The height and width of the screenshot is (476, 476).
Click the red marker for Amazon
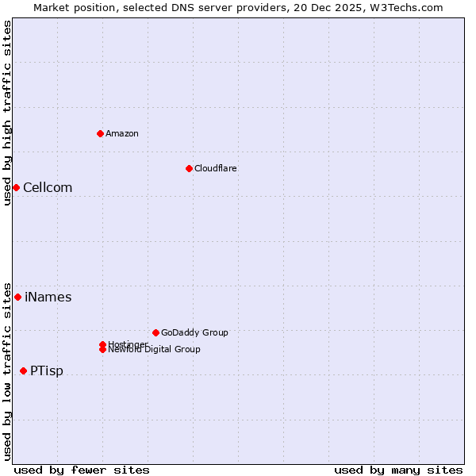tap(100, 133)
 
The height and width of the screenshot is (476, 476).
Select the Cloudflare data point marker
tap(189, 168)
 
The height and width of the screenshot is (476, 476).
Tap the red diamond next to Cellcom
tap(16, 187)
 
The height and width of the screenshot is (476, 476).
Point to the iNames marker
tap(17, 297)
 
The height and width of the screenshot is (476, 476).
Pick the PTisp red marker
tap(23, 370)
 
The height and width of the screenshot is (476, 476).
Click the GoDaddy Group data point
tap(155, 332)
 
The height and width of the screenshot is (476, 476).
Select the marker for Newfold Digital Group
tap(103, 349)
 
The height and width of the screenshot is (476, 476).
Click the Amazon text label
tap(122, 133)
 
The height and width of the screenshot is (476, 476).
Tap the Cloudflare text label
tap(216, 168)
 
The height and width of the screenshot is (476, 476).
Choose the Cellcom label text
tap(48, 188)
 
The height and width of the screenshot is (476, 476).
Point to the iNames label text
tap(48, 297)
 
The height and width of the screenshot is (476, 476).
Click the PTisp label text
tap(47, 371)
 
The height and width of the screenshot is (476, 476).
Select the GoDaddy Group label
tap(194, 332)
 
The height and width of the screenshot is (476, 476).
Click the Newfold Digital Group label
tap(155, 350)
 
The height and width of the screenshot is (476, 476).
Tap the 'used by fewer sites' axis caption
tap(82, 470)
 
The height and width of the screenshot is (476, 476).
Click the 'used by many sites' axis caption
tap(398, 470)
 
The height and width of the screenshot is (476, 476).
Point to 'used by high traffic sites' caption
tap(7, 113)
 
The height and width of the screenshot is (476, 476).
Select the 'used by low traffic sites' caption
tap(7, 370)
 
